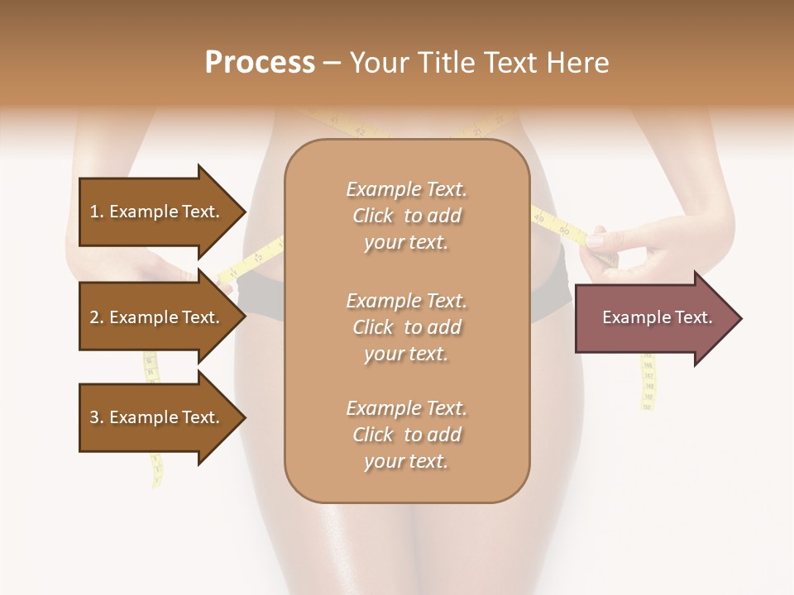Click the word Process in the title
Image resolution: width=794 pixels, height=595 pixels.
[x=260, y=63]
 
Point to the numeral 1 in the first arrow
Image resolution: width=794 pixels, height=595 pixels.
[x=94, y=212]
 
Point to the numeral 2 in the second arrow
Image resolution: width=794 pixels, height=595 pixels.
[x=94, y=317]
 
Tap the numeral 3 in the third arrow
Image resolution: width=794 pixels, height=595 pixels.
[x=94, y=417]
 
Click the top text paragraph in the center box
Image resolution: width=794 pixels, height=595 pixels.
[x=407, y=216]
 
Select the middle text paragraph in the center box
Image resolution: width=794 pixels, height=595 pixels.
[x=407, y=327]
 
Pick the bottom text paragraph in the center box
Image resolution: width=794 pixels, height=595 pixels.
[x=407, y=435]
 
